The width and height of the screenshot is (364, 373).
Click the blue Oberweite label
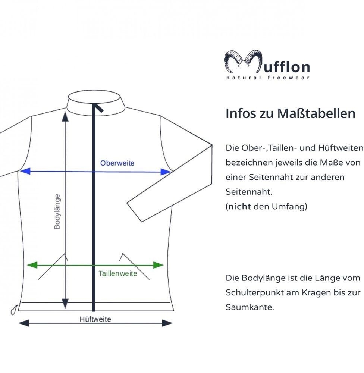click(x=117, y=163)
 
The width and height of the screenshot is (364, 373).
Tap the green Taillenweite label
click(x=118, y=273)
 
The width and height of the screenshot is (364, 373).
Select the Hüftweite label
click(x=95, y=319)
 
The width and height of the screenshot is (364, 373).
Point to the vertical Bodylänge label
click(x=57, y=211)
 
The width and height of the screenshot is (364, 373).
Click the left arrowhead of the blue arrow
click(x=25, y=171)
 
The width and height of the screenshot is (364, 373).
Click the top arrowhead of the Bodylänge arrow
click(x=65, y=117)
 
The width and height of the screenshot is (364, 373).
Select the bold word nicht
click(x=239, y=207)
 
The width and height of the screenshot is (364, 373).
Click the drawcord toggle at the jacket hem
click(x=14, y=309)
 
